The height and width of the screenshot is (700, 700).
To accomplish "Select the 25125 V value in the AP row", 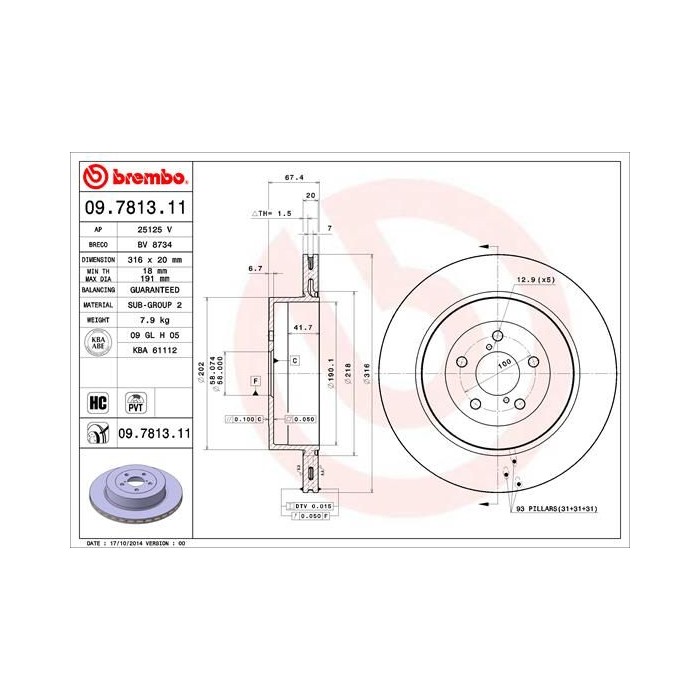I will point(155,228).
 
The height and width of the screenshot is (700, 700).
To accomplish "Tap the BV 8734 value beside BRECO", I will point(155,243).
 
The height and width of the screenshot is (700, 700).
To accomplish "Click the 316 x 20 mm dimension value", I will point(155,258).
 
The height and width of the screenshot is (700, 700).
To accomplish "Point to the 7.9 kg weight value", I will point(155,319).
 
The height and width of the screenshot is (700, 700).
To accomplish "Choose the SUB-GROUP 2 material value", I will point(155,304).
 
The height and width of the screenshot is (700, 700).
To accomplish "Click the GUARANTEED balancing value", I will point(155,288).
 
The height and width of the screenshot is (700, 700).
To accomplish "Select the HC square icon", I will point(98,403).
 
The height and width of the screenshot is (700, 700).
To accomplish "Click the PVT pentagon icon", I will point(135,403).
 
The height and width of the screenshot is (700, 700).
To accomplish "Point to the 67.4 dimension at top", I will point(294,177).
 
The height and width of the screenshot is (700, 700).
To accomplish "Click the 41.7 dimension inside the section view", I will point(299,327).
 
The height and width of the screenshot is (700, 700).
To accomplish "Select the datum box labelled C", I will point(295,359).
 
